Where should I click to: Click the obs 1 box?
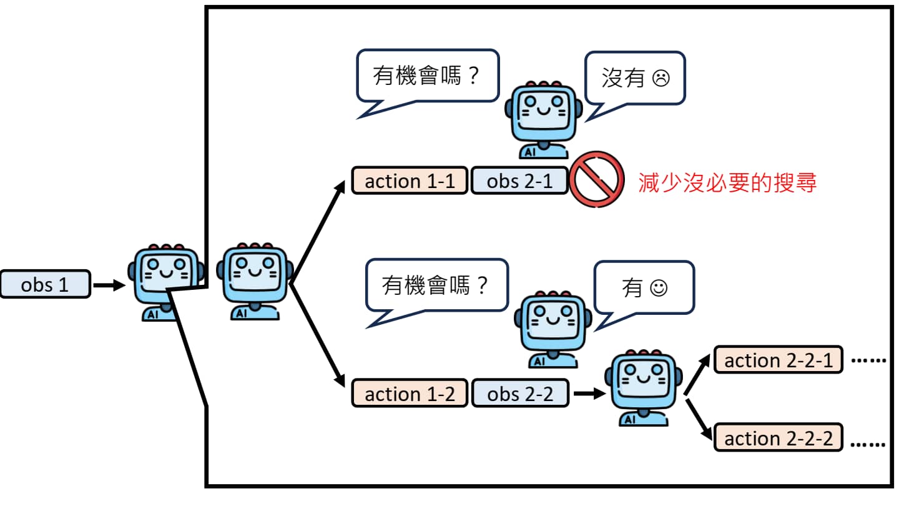pyautogui.click(x=45, y=284)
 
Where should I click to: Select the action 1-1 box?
pyautogui.click(x=410, y=181)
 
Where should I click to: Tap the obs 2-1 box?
pyautogui.click(x=519, y=181)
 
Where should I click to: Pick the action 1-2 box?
pyautogui.click(x=410, y=394)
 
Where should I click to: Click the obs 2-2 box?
pyautogui.click(x=520, y=394)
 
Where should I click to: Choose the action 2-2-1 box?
pyautogui.click(x=779, y=360)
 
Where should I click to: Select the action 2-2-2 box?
pyautogui.click(x=779, y=438)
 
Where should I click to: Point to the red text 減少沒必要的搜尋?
pyautogui.click(x=727, y=182)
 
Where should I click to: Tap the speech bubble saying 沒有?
pyautogui.click(x=635, y=78)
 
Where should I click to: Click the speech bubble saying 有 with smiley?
pyautogui.click(x=644, y=287)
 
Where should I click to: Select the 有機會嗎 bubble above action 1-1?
pyautogui.click(x=428, y=77)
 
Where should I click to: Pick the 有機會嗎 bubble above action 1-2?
pyautogui.click(x=436, y=286)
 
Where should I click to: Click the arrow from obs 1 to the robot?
pyautogui.click(x=110, y=285)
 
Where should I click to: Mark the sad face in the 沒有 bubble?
pyautogui.click(x=661, y=79)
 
